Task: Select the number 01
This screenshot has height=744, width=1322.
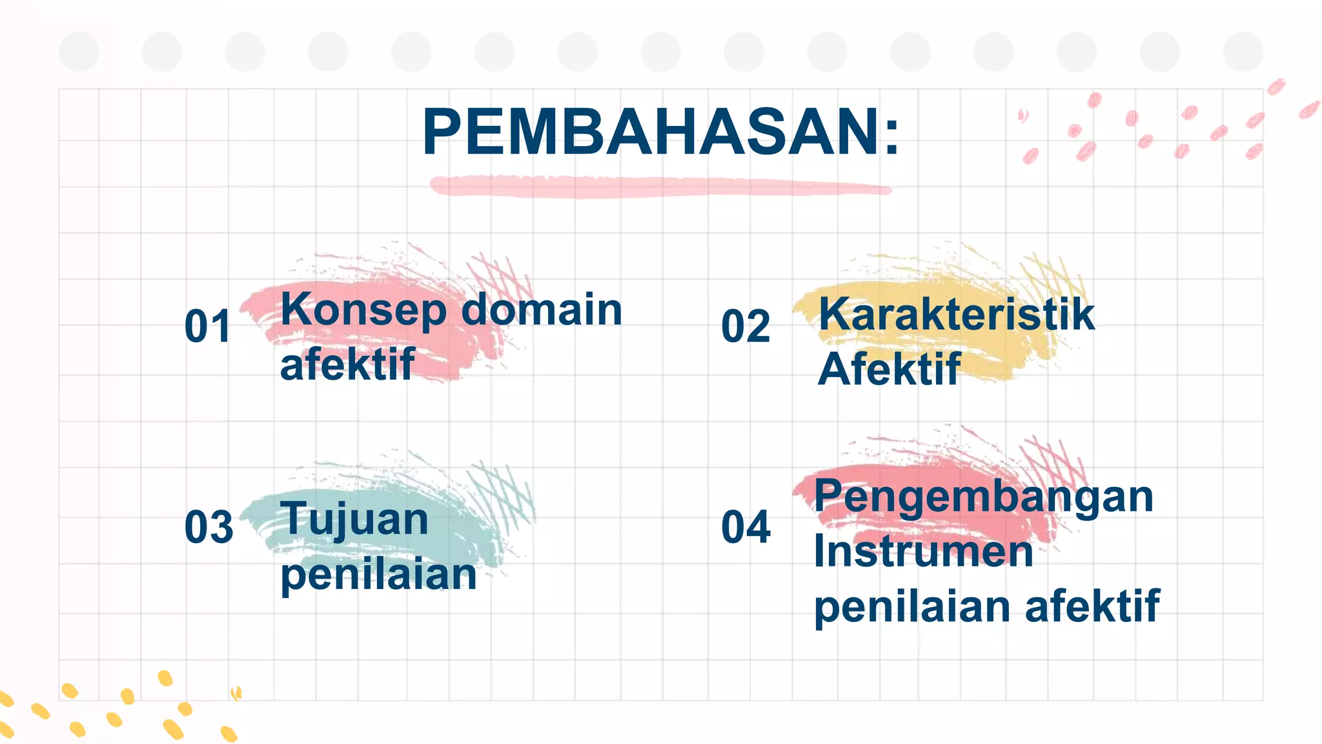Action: [x=207, y=326]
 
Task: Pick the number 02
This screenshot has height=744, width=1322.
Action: [x=746, y=326]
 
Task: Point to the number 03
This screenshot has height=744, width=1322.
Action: [x=208, y=526]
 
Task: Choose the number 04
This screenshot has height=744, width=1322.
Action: [x=746, y=526]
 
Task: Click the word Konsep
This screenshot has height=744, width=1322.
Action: [x=363, y=311]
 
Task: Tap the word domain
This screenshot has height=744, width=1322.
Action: [x=542, y=309]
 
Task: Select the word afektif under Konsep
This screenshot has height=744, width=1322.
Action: [x=347, y=365]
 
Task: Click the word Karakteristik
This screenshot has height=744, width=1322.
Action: [x=957, y=315]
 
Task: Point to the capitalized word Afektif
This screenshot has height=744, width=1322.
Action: [x=889, y=369]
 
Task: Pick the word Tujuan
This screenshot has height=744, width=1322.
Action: [x=354, y=520]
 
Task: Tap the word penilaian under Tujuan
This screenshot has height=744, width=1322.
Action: [x=378, y=575]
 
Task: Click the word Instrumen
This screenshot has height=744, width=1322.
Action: [x=923, y=552]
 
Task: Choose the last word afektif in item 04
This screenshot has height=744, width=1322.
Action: [x=1092, y=606]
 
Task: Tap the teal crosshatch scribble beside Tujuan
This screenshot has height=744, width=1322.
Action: [x=503, y=494]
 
